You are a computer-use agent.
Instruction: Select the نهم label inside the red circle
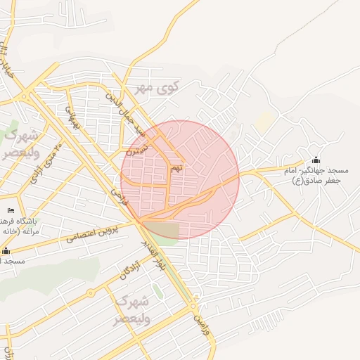177,168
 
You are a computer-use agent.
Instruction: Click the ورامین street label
202,324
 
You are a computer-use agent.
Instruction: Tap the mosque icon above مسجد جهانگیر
315,160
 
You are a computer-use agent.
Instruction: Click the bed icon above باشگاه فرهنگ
10,210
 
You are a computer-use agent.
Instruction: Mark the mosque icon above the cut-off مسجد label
6,250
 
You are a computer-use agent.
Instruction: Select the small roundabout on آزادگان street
91,292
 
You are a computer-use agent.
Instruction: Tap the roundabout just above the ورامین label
193,307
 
